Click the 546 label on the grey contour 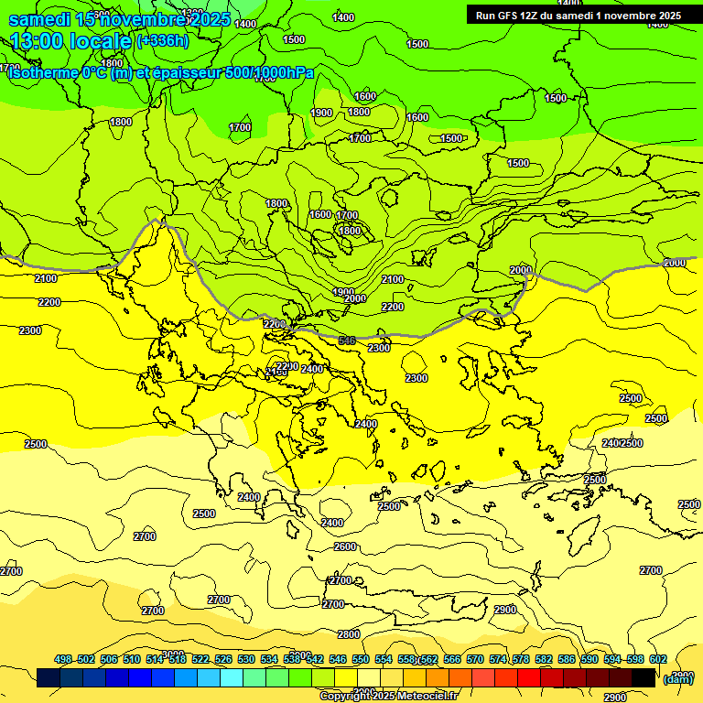coord(347,341)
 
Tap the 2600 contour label coord(345,546)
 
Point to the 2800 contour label coord(349,633)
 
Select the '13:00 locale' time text coord(70,40)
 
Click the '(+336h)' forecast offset coord(162,40)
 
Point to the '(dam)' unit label coord(677,678)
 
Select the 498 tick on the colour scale coord(63,659)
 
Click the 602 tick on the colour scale coord(658,659)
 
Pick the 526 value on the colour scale coord(223,659)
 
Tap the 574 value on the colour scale coord(498,659)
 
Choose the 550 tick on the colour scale coord(361,659)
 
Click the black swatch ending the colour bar coord(644,678)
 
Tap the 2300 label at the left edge coord(30,330)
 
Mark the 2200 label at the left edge coord(49,302)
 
